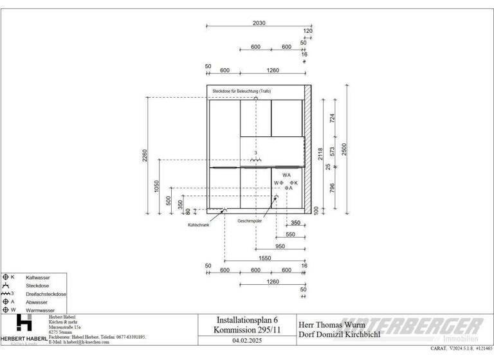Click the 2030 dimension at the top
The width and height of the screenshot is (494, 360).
259,22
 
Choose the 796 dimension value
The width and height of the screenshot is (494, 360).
333,188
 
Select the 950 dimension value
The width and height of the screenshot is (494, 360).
280,246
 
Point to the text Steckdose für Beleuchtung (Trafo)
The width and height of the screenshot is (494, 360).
242,92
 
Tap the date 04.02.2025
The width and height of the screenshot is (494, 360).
247,341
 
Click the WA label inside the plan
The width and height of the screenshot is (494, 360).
286,175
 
